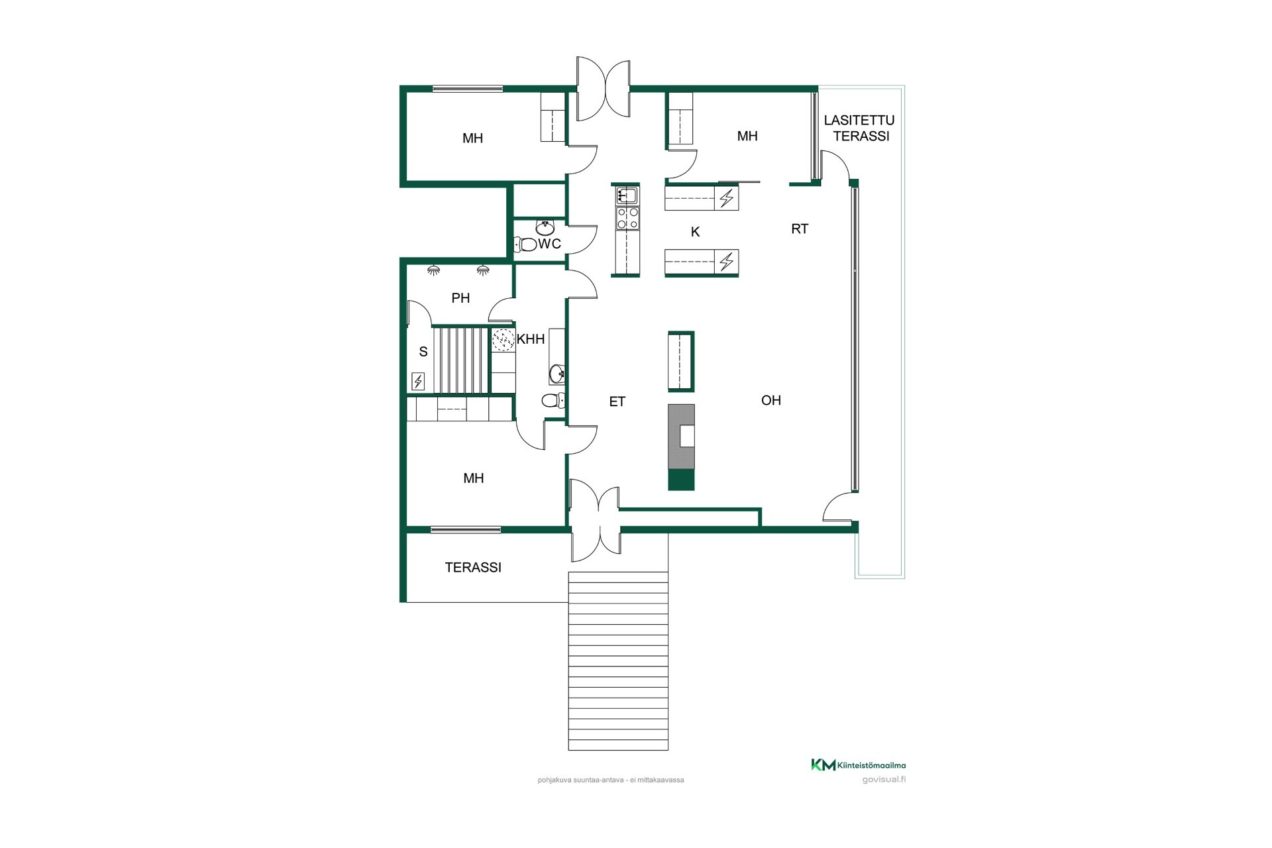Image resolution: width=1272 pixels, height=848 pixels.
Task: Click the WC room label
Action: click(549, 244)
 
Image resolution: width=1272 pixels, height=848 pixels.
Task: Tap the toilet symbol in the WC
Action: click(526, 244)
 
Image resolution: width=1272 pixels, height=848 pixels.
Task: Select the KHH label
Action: click(531, 339)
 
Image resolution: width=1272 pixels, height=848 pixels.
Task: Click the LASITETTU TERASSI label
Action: click(859, 128)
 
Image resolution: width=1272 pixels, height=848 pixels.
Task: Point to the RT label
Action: click(800, 229)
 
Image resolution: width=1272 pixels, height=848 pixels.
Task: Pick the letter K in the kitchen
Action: click(695, 232)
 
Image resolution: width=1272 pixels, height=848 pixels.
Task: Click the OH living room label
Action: click(771, 400)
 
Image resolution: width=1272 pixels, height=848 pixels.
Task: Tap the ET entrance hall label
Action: click(617, 401)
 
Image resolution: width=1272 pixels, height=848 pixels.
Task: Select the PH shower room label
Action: click(460, 298)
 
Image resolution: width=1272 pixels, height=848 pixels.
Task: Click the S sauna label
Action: click(423, 352)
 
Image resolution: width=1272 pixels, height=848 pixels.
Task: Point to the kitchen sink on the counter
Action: click(627, 195)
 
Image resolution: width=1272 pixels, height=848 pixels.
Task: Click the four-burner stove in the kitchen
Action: click(627, 219)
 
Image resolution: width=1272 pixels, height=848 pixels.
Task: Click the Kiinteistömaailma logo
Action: click(859, 765)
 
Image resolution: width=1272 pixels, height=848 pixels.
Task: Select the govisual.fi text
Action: click(884, 779)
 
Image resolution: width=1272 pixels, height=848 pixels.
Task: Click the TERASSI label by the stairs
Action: click(473, 568)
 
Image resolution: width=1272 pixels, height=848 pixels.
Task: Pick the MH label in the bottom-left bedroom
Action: click(474, 478)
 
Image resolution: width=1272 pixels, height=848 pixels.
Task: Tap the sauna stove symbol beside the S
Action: click(418, 381)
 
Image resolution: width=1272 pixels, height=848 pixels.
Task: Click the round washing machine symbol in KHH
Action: click(503, 340)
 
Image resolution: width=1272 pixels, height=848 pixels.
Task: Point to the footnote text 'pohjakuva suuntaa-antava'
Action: click(581, 780)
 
